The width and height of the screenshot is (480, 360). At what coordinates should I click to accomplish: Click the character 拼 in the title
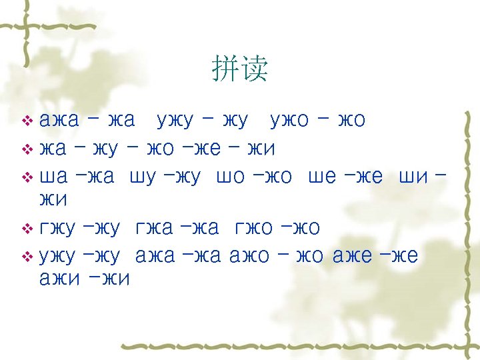pyautogui.click(x=225, y=69)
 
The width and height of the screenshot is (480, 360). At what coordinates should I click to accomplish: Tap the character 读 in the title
pyautogui.click(x=255, y=69)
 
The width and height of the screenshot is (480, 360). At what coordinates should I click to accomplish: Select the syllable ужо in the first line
pyautogui.click(x=289, y=121)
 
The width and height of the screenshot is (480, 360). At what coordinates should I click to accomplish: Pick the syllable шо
pyautogui.click(x=231, y=177)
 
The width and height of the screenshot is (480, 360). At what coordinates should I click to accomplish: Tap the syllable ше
pyautogui.click(x=322, y=177)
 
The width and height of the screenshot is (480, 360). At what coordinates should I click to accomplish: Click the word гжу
pyautogui.click(x=59, y=229)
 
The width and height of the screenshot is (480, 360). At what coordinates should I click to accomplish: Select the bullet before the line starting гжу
pyautogui.click(x=27, y=229)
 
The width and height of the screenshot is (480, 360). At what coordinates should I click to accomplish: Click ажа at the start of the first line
pyautogui.click(x=59, y=121)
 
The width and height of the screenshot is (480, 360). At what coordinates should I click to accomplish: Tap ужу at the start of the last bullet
pyautogui.click(x=59, y=256)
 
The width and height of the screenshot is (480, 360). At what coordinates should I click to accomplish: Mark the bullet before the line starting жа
pyautogui.click(x=27, y=149)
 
